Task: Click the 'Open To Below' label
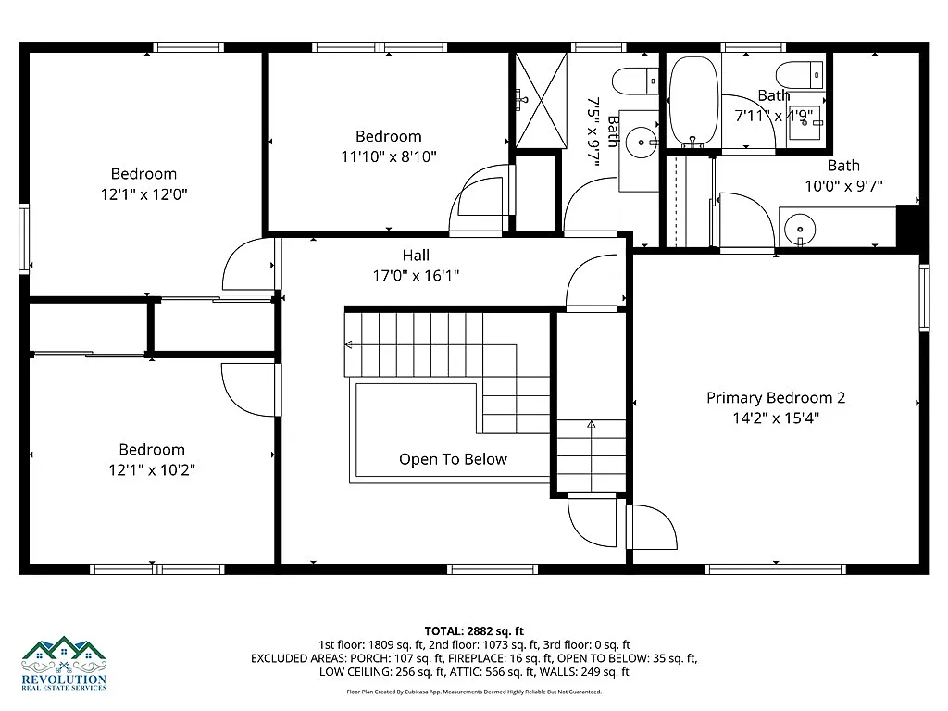[x=453, y=459]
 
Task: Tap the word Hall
[x=416, y=256]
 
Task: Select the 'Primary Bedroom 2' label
[x=775, y=397]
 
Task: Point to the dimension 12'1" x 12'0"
[x=143, y=194]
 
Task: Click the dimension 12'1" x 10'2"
[x=151, y=470]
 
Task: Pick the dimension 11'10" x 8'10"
[x=388, y=156]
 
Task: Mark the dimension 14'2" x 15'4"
[x=775, y=418]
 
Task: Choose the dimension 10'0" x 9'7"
[x=842, y=186]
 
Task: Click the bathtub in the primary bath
[x=692, y=102]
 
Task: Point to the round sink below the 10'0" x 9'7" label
[x=798, y=227]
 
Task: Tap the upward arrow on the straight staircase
[x=591, y=425]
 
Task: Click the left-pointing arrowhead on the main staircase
[x=349, y=345]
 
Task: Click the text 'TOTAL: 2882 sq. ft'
[x=473, y=630]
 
